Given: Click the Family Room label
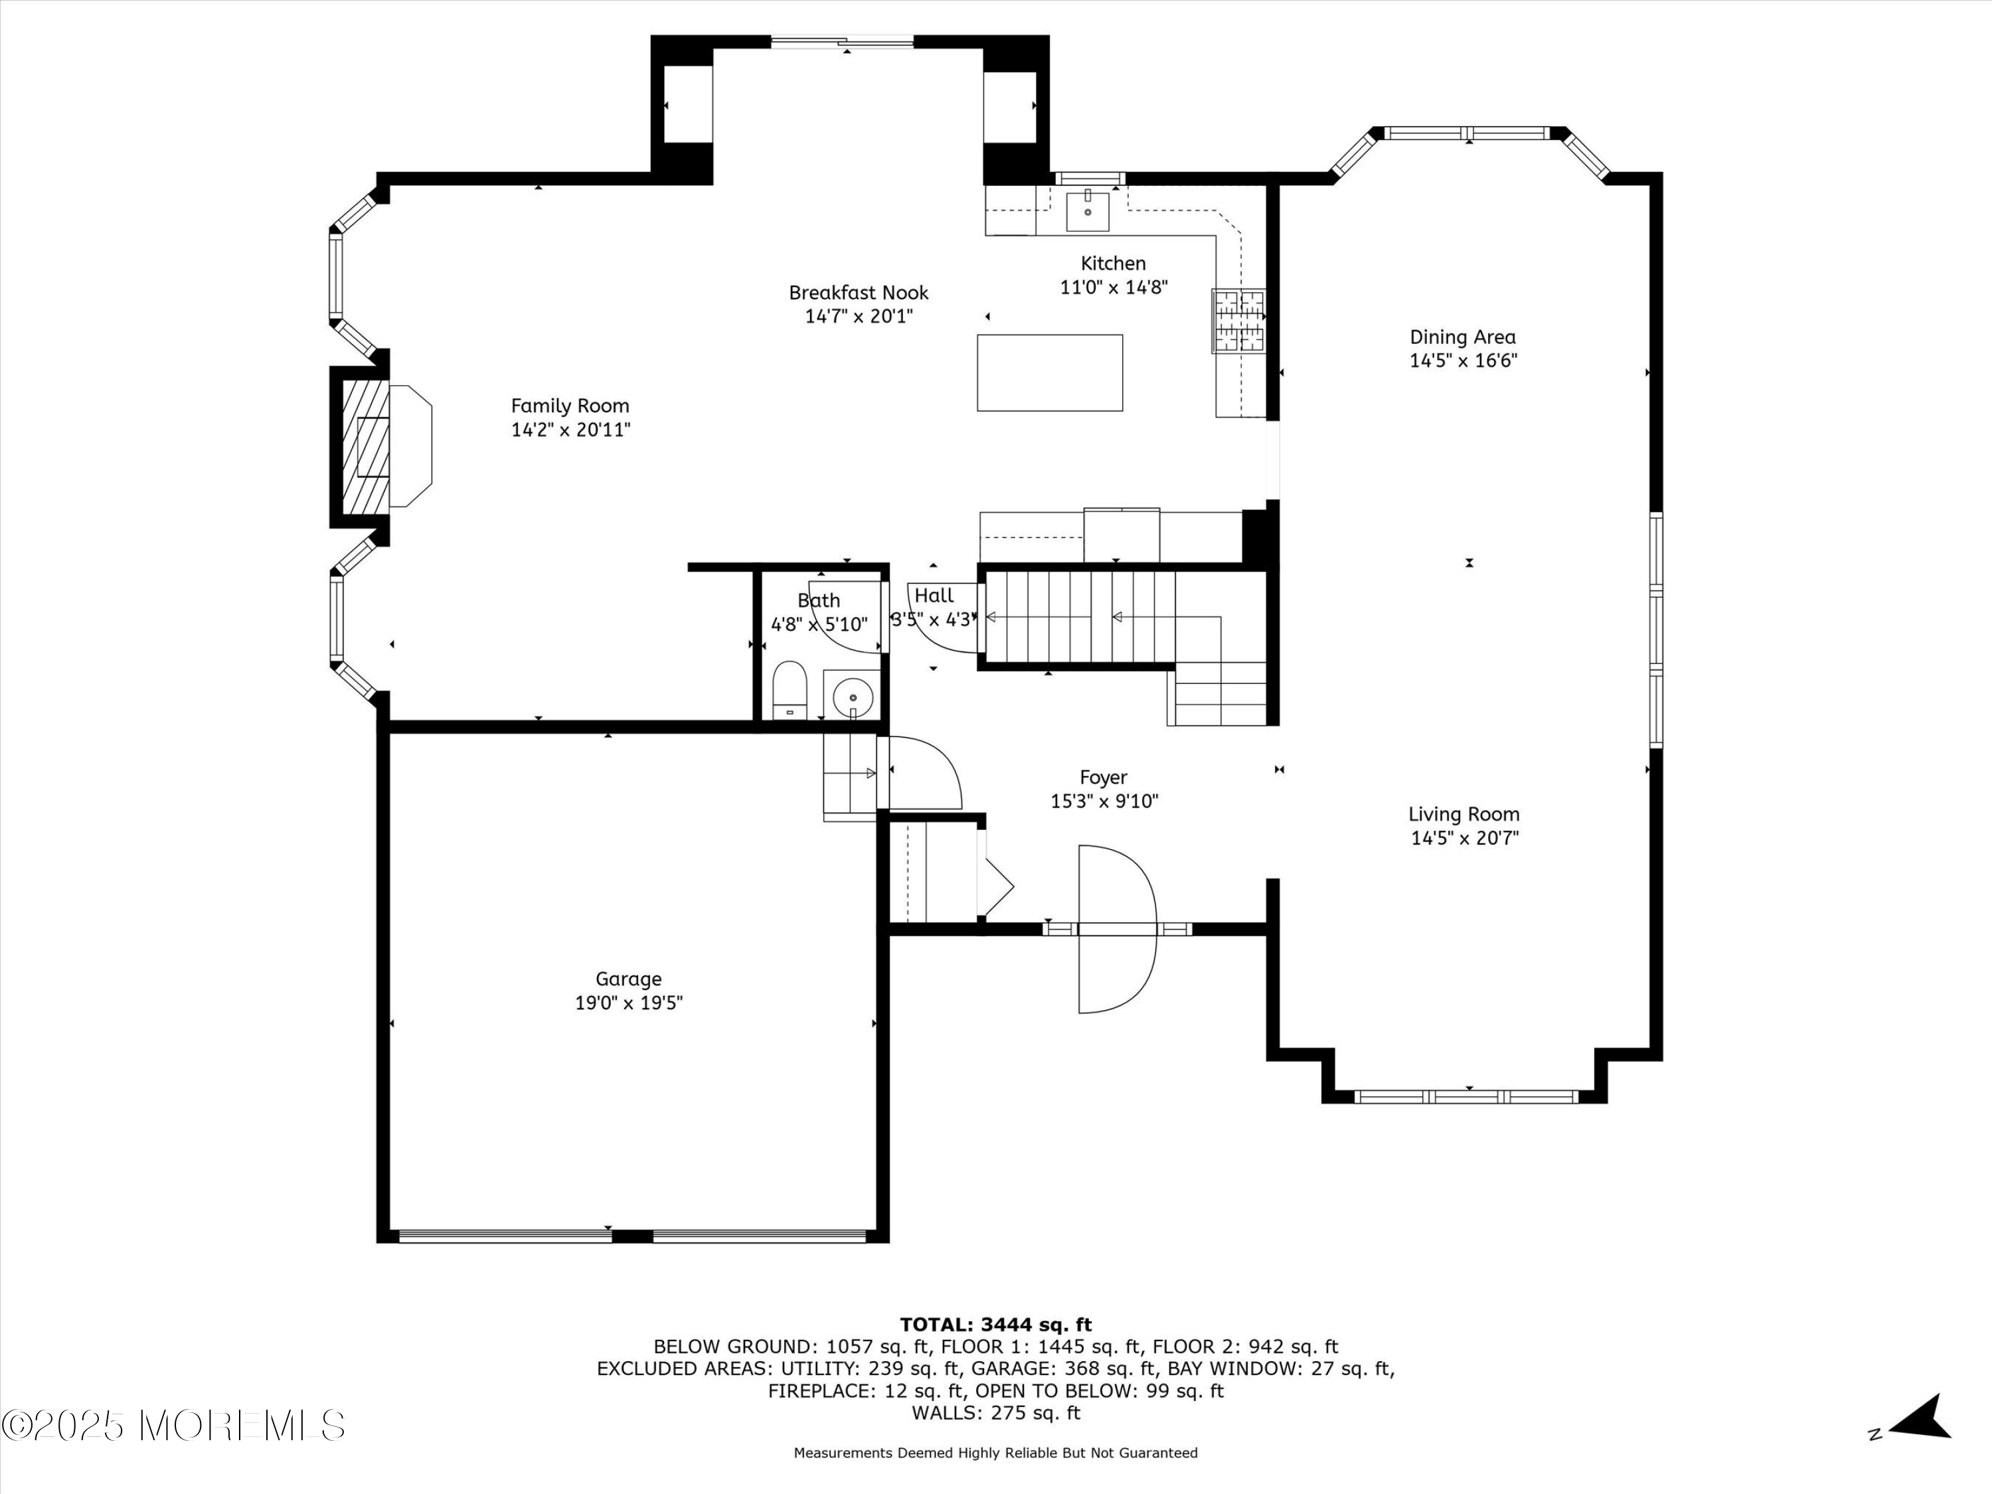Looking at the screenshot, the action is [570, 406].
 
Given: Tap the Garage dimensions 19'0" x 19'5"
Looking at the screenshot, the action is [629, 1003].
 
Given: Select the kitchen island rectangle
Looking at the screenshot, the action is [1050, 373].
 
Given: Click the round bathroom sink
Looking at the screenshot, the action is [852, 695].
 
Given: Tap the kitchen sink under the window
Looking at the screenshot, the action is [1088, 210].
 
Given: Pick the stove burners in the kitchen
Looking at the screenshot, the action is [1239, 321].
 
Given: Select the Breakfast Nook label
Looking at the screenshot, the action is [858, 293].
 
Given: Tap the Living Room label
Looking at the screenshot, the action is [1464, 814].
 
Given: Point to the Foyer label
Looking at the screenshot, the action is [1103, 777].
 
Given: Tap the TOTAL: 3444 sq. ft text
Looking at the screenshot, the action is [996, 1325].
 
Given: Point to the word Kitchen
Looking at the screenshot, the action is [1113, 264].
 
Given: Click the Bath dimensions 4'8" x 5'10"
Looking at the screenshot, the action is [819, 624].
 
